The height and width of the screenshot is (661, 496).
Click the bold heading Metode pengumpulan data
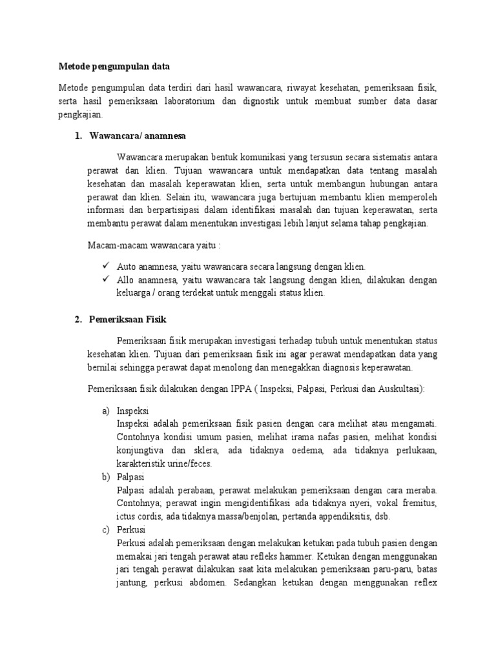tap(113, 66)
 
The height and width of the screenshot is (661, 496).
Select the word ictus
tap(127, 517)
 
